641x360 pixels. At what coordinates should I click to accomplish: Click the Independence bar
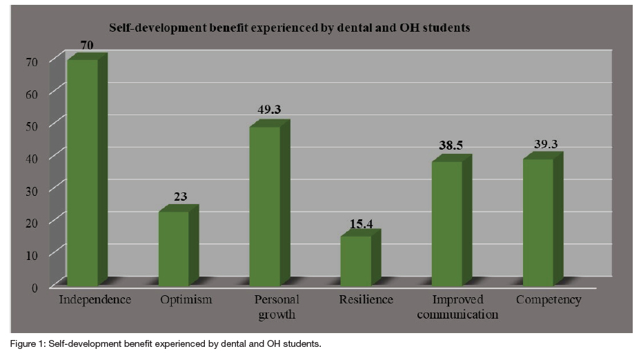82,172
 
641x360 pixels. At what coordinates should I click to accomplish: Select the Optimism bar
173,248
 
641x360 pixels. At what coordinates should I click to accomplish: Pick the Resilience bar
355,261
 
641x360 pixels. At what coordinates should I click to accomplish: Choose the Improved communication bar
446,223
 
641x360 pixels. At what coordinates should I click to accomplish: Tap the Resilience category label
366,300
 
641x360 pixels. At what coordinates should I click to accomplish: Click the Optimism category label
186,300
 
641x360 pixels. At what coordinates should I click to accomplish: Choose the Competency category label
549,300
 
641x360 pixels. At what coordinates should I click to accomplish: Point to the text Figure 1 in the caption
24,343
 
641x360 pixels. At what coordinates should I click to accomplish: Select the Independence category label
95,300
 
